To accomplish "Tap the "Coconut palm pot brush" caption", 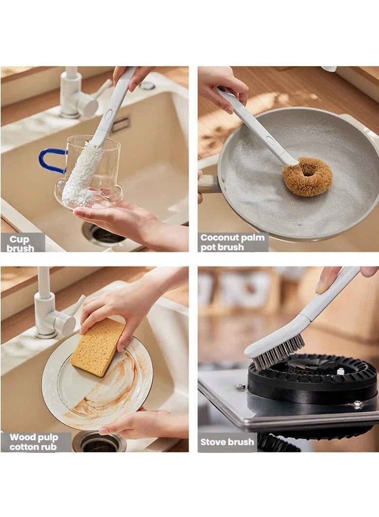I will click(233, 242).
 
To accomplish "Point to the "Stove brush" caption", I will click(227, 442).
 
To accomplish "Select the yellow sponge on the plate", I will click(97, 346).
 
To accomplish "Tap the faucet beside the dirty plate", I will click(51, 311).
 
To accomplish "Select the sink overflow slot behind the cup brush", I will click(120, 124).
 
